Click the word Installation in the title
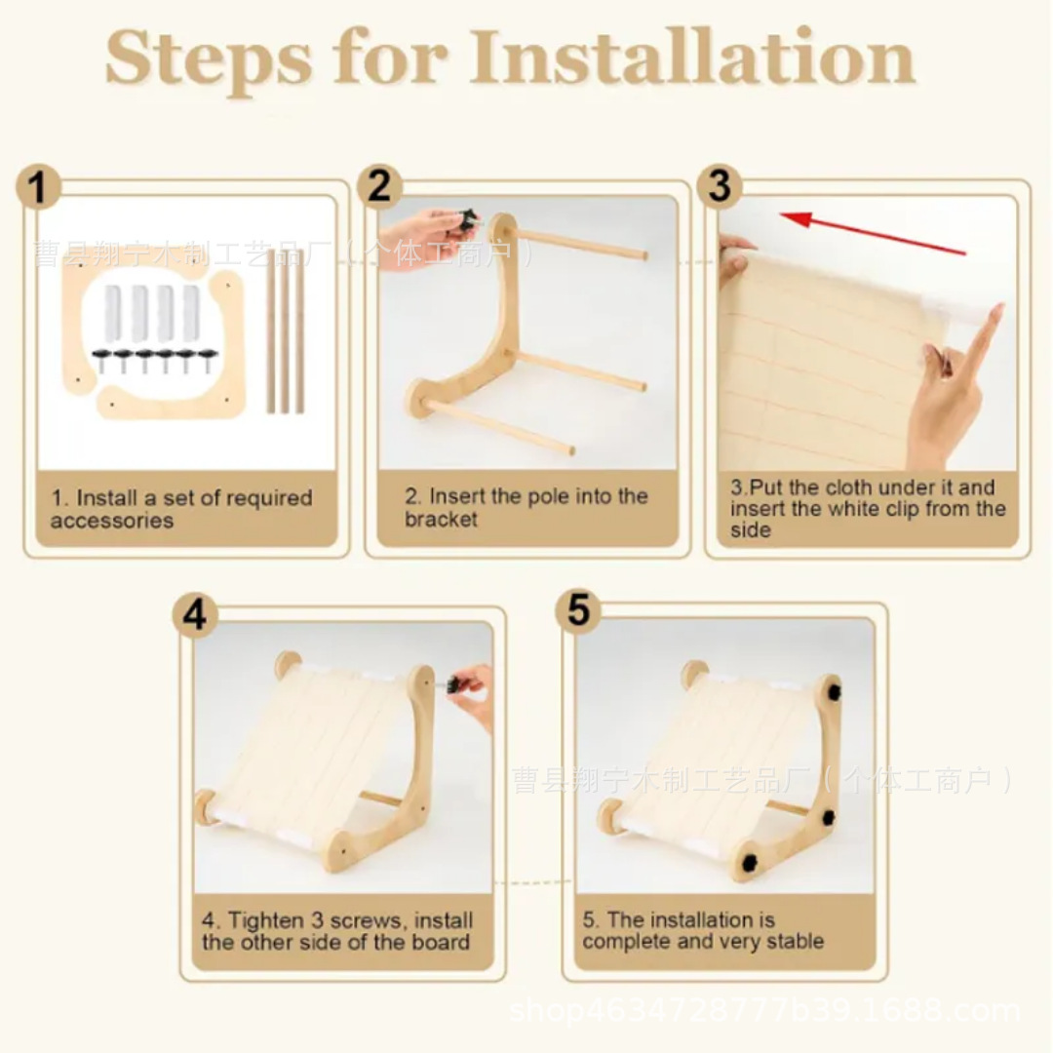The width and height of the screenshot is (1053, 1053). (x=692, y=58)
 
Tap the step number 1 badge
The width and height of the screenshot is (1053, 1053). (x=38, y=186)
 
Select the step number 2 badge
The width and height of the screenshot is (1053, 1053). (x=379, y=185)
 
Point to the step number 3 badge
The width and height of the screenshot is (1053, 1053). (x=720, y=185)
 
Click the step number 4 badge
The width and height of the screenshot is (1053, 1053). (x=195, y=614)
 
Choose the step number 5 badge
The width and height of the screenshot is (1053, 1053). (x=578, y=610)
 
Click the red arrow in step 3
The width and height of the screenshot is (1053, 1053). (x=873, y=234)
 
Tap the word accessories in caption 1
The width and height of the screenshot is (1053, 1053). (x=111, y=521)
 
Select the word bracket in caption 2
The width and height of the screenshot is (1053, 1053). (x=441, y=519)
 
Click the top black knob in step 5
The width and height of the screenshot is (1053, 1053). (x=834, y=691)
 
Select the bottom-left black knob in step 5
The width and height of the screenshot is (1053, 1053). (x=748, y=861)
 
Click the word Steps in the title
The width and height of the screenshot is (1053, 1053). (x=209, y=60)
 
